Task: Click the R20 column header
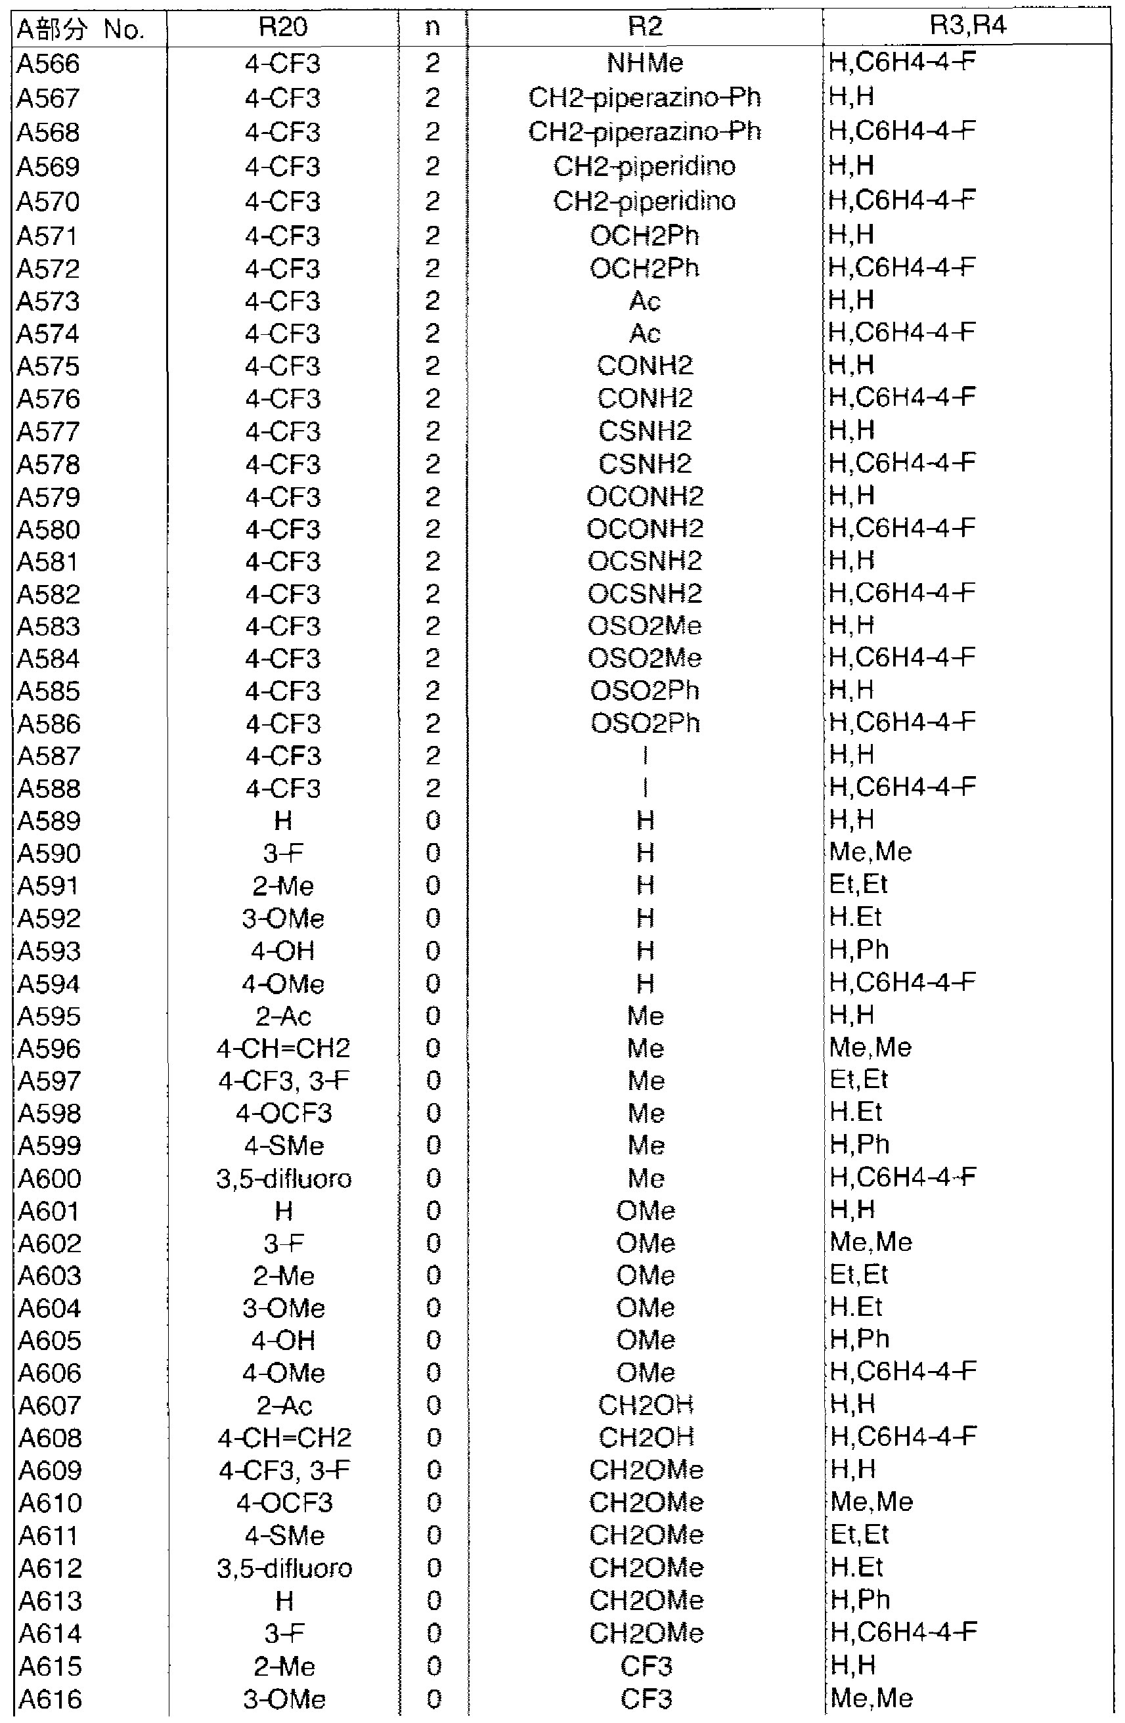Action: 283,28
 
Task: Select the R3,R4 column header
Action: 967,26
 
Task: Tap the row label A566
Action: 48,64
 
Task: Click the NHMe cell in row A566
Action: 644,63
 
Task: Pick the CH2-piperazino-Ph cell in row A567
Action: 644,97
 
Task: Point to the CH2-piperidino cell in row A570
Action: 644,200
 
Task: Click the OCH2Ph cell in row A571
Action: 644,235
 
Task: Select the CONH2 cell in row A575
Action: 644,366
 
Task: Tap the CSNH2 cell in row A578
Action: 644,464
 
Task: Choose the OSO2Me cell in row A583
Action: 644,626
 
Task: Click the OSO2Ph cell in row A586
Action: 644,723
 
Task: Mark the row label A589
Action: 49,821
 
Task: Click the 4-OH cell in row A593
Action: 283,951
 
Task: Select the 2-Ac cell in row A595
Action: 283,1016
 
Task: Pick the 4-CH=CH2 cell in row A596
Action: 283,1048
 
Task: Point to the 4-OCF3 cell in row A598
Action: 283,1113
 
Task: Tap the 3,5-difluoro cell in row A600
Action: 283,1179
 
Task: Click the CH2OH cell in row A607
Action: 646,1405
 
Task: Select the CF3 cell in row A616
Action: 646,1699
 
